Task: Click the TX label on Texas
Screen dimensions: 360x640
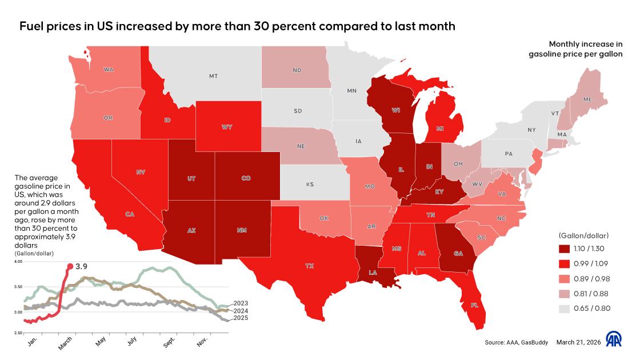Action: coord(310,266)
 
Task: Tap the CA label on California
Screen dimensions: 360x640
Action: coord(130,214)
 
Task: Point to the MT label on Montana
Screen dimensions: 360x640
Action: coord(213,75)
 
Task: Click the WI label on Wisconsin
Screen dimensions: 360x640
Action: coord(395,110)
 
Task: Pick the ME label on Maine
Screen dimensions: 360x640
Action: coord(587,99)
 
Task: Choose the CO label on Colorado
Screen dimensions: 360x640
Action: coord(246,178)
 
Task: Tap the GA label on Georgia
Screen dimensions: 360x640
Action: coord(458,253)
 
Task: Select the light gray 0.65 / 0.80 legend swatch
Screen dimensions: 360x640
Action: coord(565,309)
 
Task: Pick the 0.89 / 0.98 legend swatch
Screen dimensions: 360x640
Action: coord(565,279)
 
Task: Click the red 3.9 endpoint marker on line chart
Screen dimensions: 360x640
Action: coord(70,266)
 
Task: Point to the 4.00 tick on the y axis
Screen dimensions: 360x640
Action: coord(18,262)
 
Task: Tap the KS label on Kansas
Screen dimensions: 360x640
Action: coord(310,185)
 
